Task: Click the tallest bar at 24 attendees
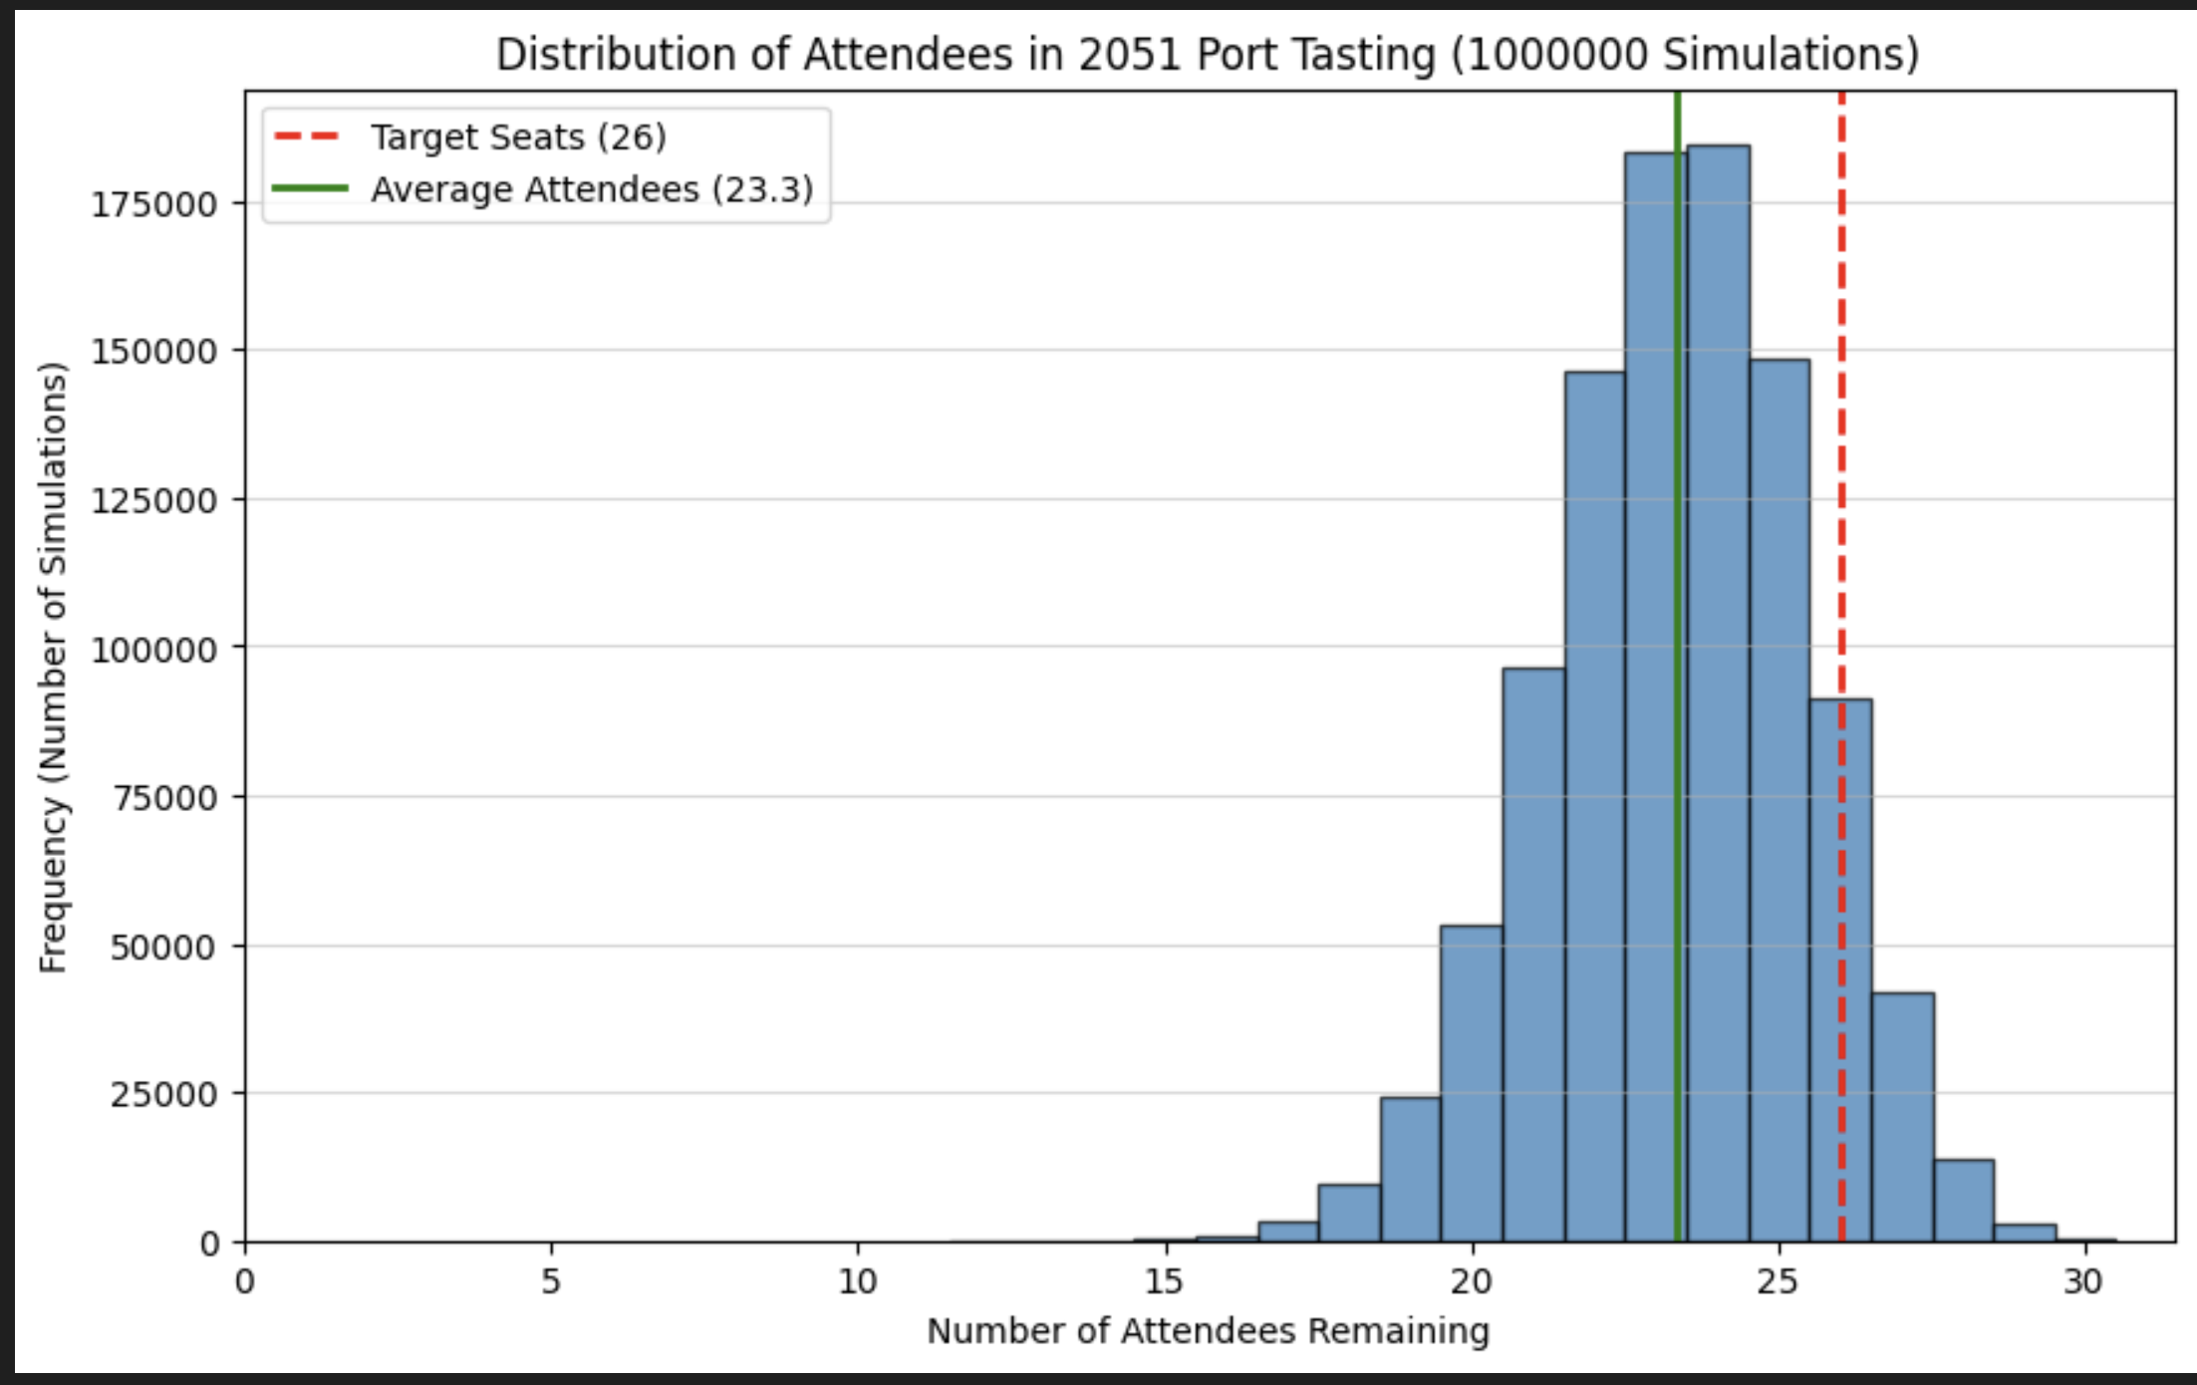tap(1718, 697)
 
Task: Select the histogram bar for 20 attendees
tap(1472, 1086)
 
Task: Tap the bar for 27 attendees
tap(1903, 1116)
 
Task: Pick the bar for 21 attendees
tap(1533, 957)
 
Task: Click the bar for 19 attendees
tap(1410, 1171)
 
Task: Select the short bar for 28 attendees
tap(1964, 1201)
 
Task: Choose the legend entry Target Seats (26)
tap(518, 138)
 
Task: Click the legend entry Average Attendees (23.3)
tap(592, 189)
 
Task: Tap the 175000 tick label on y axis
tap(154, 204)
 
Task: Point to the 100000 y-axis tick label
tap(154, 650)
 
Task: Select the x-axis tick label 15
tap(1164, 1282)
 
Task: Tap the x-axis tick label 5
tap(551, 1282)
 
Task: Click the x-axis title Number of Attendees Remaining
tap(1208, 1331)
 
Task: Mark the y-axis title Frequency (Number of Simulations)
tap(53, 668)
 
